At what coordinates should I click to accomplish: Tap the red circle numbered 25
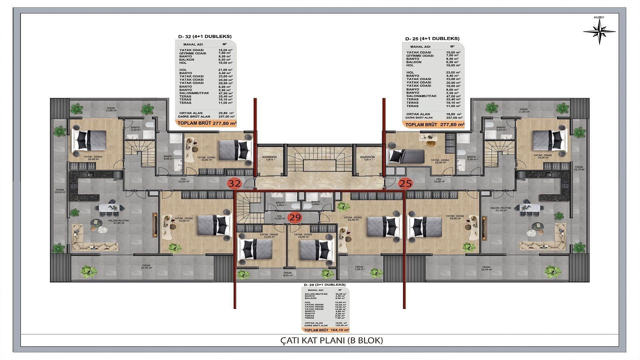[x=406, y=183]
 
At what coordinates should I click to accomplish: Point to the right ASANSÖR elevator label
[x=367, y=158]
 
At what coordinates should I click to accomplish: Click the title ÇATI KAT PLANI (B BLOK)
[x=330, y=341]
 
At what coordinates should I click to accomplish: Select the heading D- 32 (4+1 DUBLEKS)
[x=205, y=36]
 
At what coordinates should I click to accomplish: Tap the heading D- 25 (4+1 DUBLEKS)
[x=432, y=39]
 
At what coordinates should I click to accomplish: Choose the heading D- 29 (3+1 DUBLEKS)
[x=325, y=285]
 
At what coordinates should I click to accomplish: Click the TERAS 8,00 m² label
[x=288, y=274]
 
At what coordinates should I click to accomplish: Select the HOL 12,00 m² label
[x=279, y=217]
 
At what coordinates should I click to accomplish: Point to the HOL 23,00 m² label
[x=439, y=180]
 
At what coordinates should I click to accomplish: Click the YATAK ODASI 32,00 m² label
[x=353, y=218]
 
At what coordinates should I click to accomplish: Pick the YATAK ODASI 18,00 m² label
[x=440, y=161]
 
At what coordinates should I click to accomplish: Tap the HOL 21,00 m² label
[x=184, y=180]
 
